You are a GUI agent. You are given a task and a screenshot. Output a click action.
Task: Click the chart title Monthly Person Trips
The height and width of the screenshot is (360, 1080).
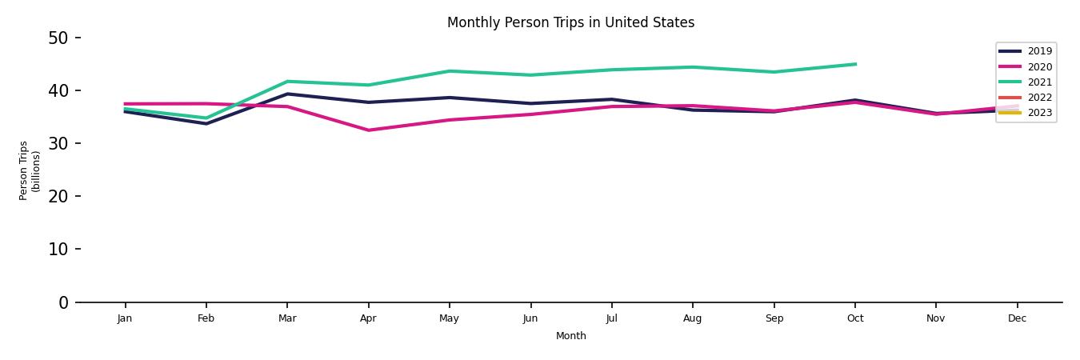[570, 22]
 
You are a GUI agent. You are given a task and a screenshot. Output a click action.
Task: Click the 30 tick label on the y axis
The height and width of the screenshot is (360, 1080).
[58, 143]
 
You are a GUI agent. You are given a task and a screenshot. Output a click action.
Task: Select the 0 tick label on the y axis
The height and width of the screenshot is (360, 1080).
[63, 302]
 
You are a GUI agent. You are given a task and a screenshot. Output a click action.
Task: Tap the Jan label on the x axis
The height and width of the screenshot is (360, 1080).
[125, 318]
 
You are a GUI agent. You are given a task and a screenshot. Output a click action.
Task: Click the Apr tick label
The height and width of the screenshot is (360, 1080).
[368, 318]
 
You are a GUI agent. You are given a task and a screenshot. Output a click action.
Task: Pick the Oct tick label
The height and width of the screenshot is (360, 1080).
[855, 318]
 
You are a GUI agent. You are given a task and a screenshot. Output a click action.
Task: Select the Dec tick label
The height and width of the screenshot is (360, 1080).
[1017, 318]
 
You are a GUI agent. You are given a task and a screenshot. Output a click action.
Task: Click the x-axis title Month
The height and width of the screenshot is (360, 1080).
[571, 336]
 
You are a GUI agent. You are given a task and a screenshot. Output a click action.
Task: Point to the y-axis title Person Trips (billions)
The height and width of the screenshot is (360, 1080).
[30, 170]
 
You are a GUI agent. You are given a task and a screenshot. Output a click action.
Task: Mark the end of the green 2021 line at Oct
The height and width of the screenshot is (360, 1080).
[855, 64]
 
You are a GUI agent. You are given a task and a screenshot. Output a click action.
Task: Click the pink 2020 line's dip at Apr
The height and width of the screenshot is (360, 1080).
[368, 130]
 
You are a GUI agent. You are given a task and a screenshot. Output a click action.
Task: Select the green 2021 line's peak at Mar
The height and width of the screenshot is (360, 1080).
[287, 82]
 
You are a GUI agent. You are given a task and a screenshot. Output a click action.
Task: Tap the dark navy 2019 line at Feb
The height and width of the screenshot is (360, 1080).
[206, 123]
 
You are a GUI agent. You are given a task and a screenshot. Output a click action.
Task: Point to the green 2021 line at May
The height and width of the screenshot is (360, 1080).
[450, 71]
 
